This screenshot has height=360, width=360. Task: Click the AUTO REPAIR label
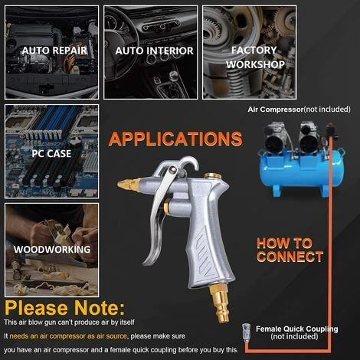[x=54, y=51]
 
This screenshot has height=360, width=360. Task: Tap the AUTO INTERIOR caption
[x=154, y=51]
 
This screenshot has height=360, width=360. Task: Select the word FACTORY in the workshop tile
[x=254, y=50]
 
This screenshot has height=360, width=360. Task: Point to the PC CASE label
[x=51, y=153]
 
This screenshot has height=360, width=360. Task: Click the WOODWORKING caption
[x=52, y=249]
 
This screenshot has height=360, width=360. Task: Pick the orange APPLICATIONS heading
[x=175, y=139]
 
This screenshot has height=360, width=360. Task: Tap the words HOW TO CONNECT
[x=290, y=250]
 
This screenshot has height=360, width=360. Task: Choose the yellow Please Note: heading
[x=65, y=308]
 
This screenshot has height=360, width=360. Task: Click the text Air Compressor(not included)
[x=299, y=110]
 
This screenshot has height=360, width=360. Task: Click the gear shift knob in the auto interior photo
[x=174, y=75]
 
